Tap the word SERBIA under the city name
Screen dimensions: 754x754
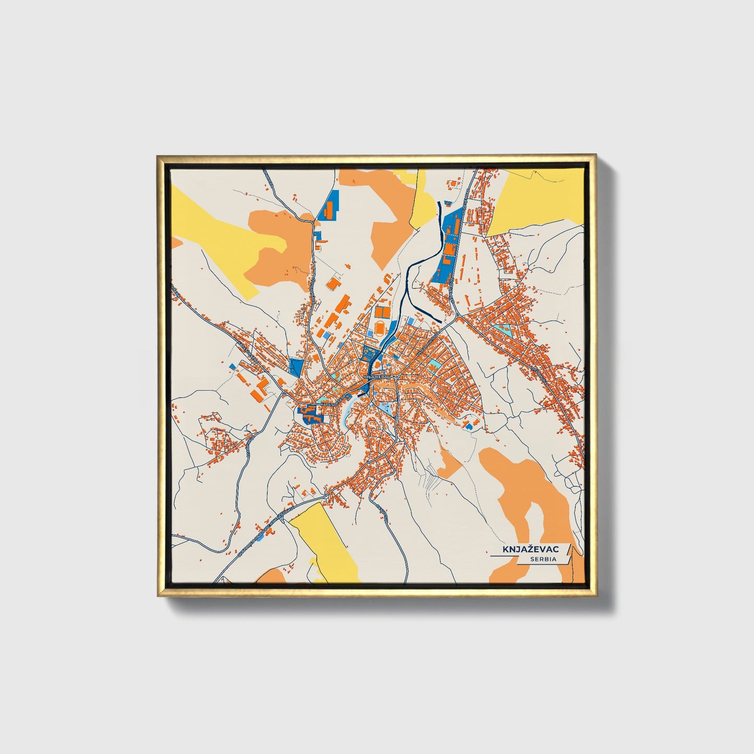point(543,559)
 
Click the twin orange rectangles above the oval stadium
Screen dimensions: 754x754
point(382,312)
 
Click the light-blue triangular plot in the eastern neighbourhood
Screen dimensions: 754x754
point(505,329)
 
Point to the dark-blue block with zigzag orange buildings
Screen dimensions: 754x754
point(309,415)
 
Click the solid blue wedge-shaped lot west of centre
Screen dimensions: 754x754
point(296,366)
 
